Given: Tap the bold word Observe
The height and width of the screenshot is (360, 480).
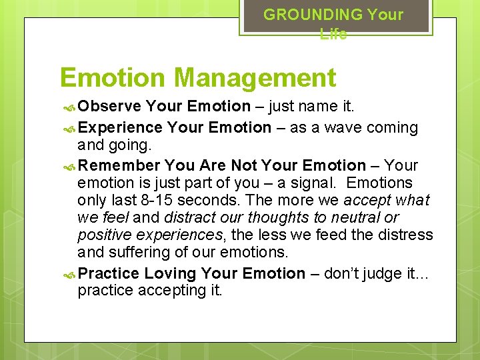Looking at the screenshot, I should click(x=109, y=106).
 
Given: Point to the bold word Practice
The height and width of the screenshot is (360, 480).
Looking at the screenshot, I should click(x=108, y=273).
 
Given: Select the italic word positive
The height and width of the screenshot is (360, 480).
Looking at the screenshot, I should click(x=103, y=235).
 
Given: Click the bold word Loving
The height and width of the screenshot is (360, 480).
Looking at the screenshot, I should click(x=170, y=273).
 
